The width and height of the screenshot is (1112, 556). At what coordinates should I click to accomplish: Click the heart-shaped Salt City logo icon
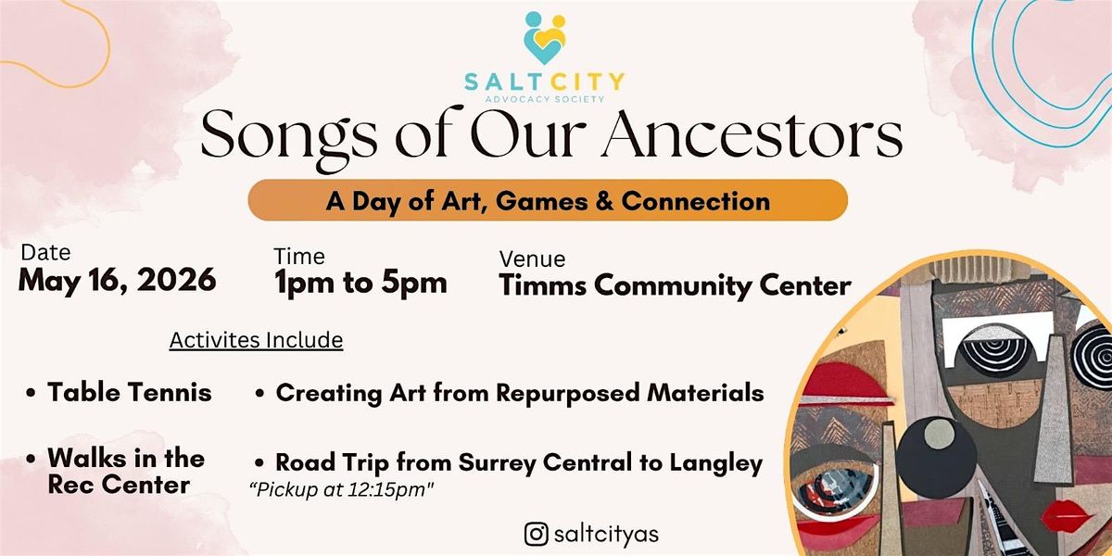click(x=545, y=38)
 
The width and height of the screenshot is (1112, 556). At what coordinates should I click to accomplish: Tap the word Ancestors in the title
click(x=752, y=134)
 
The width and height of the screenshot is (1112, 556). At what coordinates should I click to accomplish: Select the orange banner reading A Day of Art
click(x=548, y=200)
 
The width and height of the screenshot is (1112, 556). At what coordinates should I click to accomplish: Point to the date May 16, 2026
click(x=117, y=280)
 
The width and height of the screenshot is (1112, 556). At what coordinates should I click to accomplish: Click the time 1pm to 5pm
click(x=360, y=283)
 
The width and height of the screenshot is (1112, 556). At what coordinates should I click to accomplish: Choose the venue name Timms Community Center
click(x=676, y=285)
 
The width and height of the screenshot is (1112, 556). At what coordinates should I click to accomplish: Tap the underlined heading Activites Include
click(x=256, y=341)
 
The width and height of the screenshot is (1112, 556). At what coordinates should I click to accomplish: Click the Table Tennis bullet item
click(x=120, y=392)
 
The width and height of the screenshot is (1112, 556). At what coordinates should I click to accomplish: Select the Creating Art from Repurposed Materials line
click(x=510, y=393)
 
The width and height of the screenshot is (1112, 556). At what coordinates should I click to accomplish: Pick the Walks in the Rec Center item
click(x=116, y=471)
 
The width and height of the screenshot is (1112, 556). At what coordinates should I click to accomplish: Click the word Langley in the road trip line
click(x=715, y=463)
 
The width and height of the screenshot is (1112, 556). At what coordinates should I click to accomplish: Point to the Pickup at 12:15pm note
click(x=342, y=489)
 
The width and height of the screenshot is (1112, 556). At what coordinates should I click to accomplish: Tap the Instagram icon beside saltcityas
click(x=537, y=534)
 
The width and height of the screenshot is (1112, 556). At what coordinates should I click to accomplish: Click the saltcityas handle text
click(x=606, y=535)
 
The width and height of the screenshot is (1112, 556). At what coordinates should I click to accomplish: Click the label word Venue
click(x=532, y=259)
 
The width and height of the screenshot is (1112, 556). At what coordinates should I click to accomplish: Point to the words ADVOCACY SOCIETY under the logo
click(x=545, y=99)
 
